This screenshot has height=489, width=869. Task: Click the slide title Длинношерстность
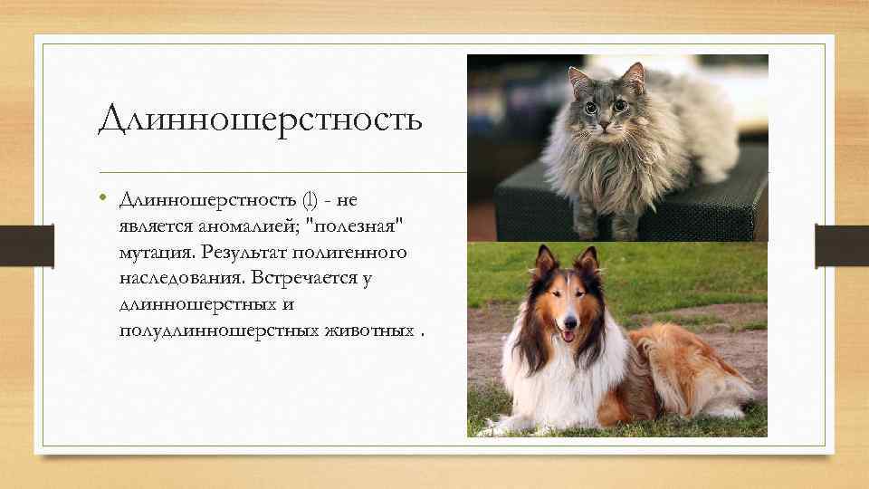260,119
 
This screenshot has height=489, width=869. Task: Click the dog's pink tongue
568,337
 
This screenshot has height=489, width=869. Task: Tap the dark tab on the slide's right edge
841,244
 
